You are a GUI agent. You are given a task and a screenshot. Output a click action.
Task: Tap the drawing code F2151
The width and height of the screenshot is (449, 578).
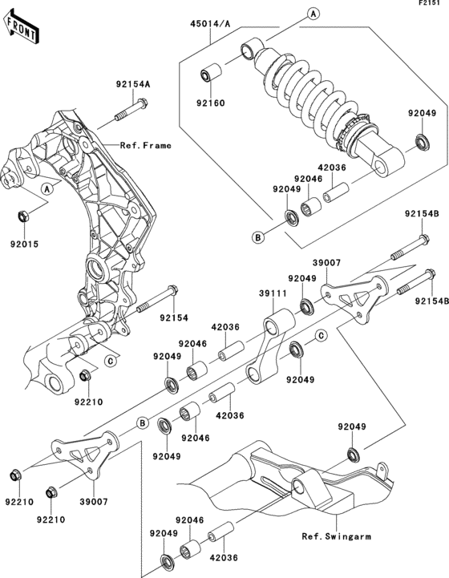coord(431,5)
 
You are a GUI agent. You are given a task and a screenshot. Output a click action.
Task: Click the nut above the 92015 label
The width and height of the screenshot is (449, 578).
coord(24,216)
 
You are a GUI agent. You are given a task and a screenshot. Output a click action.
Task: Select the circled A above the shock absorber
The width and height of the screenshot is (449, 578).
coord(312,14)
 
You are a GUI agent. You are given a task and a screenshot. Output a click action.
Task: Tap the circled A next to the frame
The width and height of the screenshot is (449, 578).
coord(46,188)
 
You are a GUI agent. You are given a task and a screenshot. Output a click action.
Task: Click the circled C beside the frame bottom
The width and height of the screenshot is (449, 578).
coord(109,361)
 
